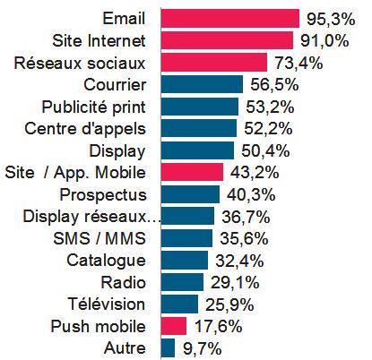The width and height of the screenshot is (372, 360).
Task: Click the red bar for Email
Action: click(x=229, y=18)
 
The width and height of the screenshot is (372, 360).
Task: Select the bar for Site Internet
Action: click(x=227, y=40)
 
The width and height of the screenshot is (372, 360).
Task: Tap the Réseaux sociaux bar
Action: click(x=213, y=62)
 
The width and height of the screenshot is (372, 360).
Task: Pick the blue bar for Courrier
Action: click(x=202, y=84)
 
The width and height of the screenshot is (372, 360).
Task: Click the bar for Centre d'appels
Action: click(x=198, y=128)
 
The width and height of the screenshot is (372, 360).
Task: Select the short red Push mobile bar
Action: click(x=173, y=325)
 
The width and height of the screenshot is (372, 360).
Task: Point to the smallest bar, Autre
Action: click(x=168, y=347)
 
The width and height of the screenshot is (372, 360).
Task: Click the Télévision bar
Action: click(x=179, y=304)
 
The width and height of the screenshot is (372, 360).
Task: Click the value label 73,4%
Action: click(x=297, y=63)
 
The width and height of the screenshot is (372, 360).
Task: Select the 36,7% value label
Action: click(x=243, y=216)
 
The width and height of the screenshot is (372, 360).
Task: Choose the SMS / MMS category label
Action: click(x=106, y=238)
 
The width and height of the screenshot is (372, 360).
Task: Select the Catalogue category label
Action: click(x=106, y=261)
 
